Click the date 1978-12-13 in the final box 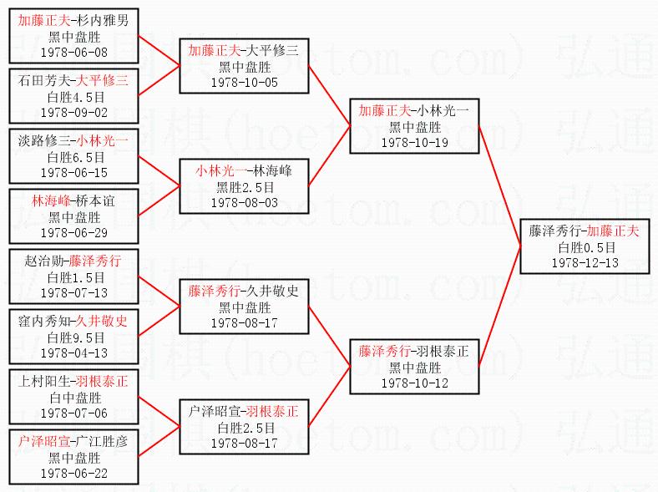[585, 262]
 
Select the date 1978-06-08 [73, 51]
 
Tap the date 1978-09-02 [73, 111]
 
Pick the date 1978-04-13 [73, 353]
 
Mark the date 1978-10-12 [414, 383]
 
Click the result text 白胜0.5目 [585, 247]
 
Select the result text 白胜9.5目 [73, 337]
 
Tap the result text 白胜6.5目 [73, 156]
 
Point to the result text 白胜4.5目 [73, 96]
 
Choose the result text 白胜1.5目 [73, 277]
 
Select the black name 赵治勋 [42, 262]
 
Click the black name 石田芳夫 [42, 81]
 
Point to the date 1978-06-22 [73, 473]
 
